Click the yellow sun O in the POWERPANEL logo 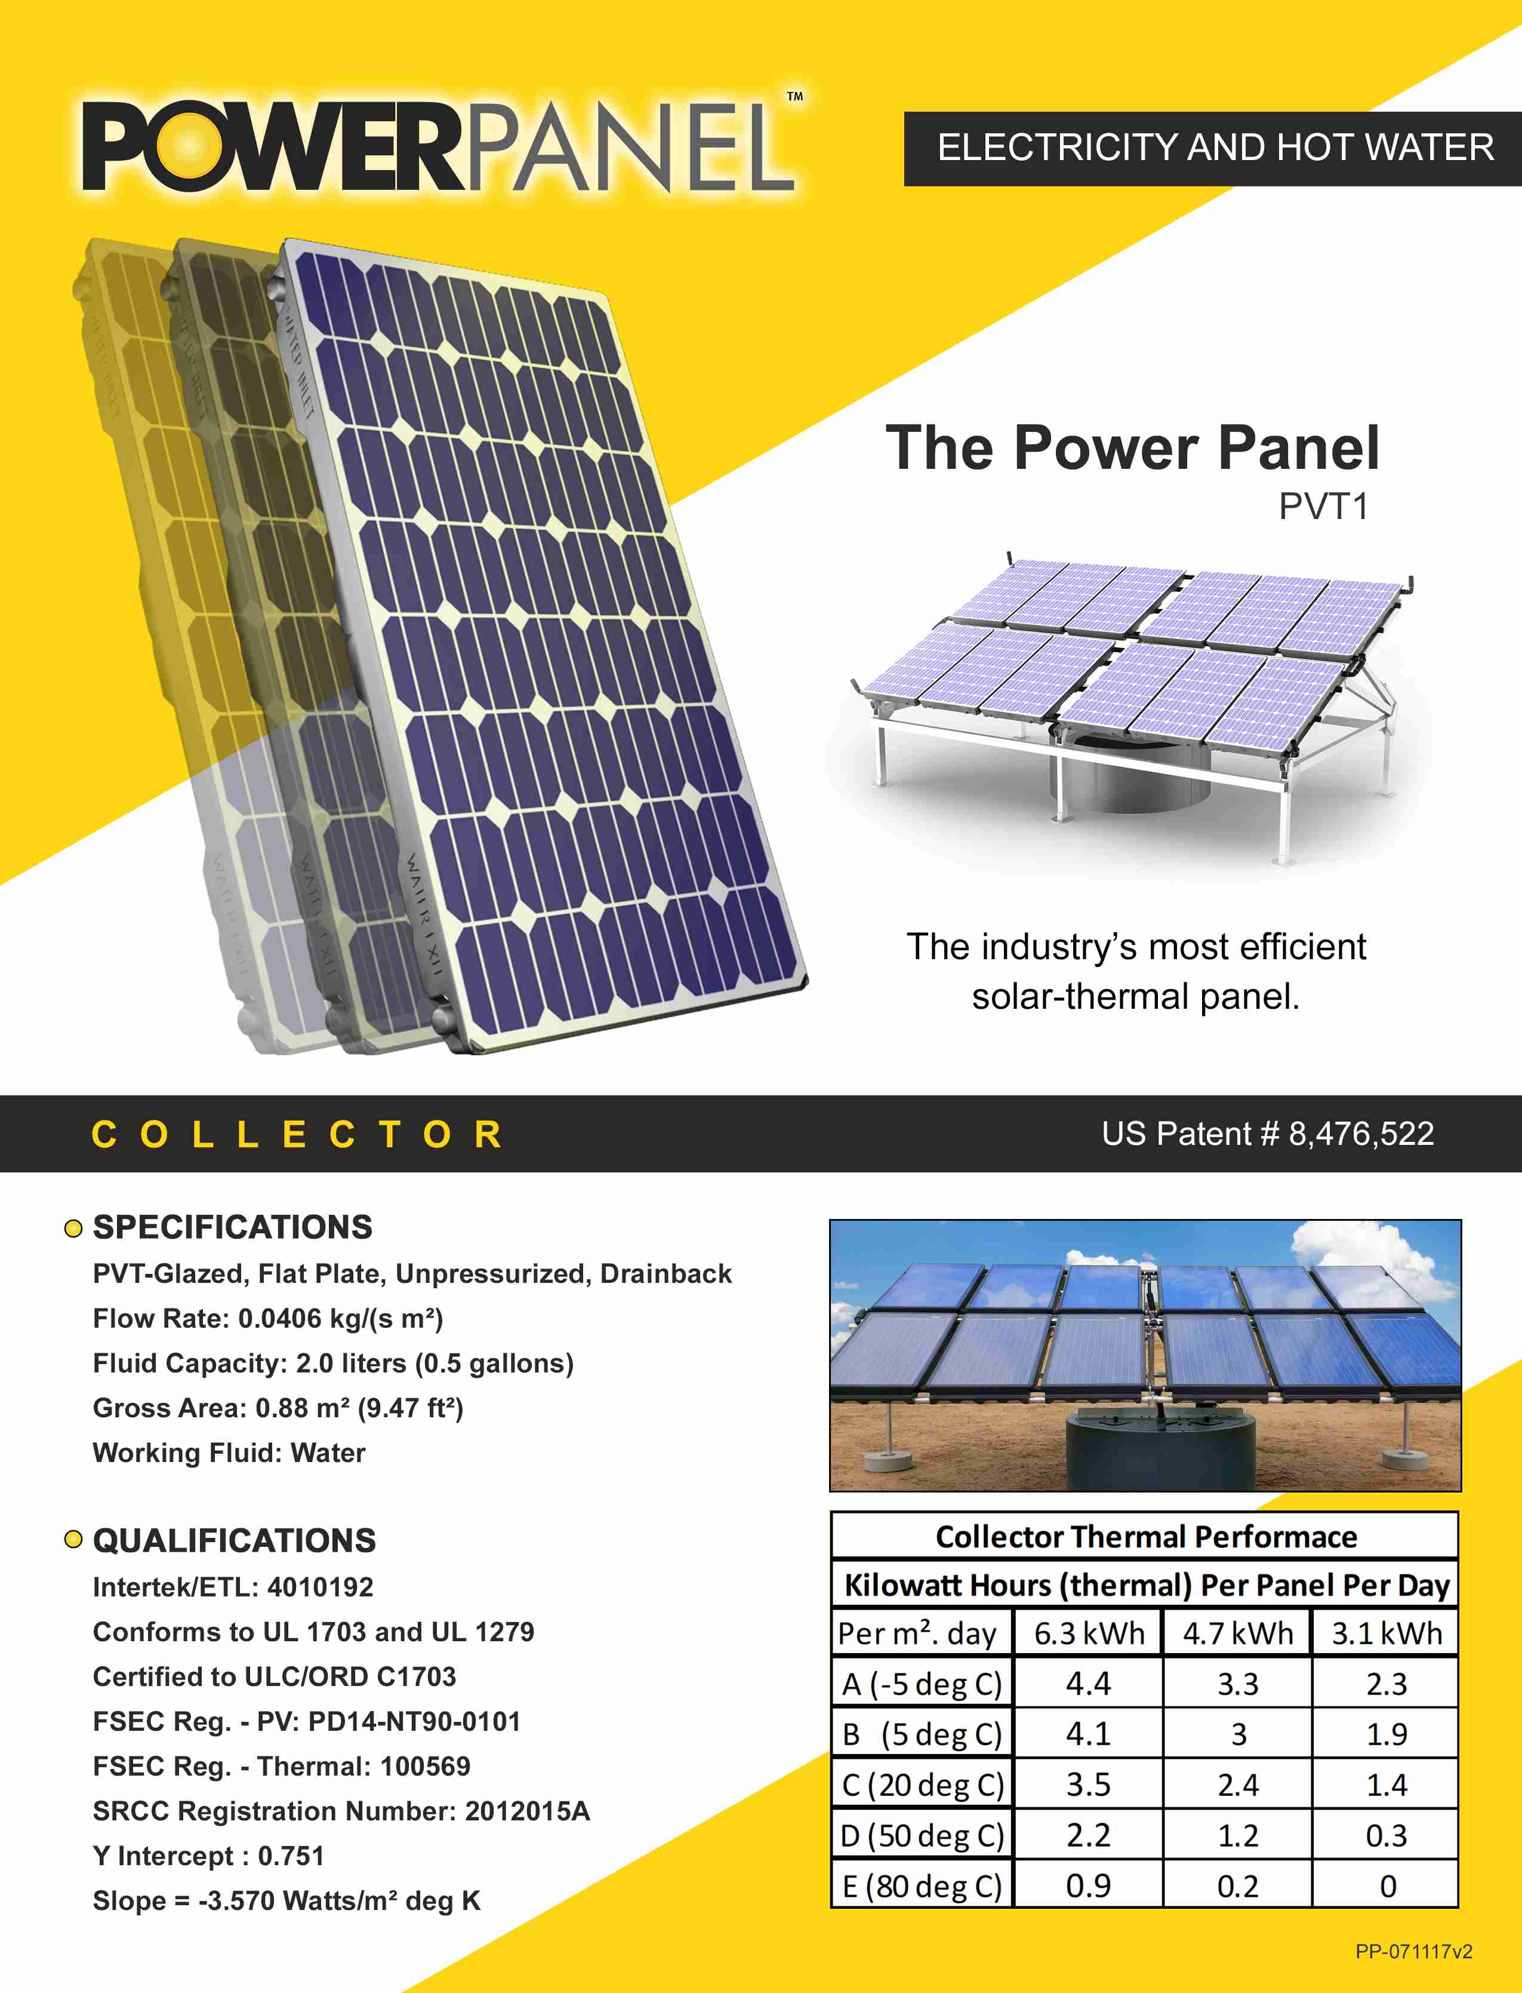189,145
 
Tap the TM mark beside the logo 794,96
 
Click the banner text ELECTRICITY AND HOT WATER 1215,147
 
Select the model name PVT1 1324,506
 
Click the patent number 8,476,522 1361,1134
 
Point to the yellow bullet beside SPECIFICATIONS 73,1229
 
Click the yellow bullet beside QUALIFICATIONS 73,1540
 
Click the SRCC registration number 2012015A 527,1811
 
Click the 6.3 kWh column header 1089,1633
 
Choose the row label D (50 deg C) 922,1835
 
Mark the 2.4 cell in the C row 1237,1785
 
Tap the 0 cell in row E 1387,1886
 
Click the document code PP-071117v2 1413,1951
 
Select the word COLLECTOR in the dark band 297,1135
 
